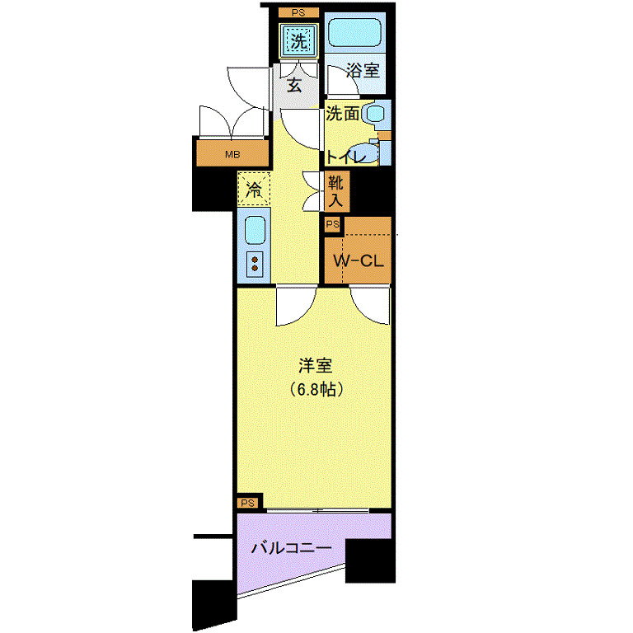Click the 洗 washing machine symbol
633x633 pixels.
tap(298, 38)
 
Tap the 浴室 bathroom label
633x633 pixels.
tap(363, 71)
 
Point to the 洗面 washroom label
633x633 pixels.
tap(343, 115)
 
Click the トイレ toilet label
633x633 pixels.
tap(345, 157)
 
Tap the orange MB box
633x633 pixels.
tap(232, 154)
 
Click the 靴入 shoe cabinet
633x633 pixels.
tap(336, 190)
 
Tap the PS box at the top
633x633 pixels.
tap(298, 12)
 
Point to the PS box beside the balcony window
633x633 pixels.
tap(248, 503)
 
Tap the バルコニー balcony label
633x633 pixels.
tap(291, 547)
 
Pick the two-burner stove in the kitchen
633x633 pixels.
tap(256, 264)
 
